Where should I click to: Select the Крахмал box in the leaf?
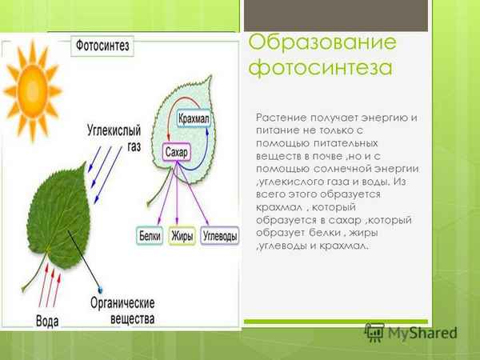(194, 119)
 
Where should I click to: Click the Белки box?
(150, 237)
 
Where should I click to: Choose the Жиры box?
(182, 237)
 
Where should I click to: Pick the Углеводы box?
(218, 237)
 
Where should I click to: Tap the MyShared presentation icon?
(374, 331)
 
